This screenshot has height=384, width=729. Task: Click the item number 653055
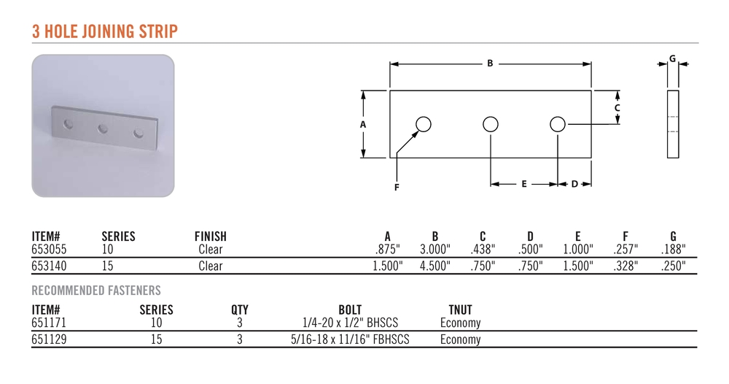[49, 250]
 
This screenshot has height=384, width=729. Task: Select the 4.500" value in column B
[435, 266]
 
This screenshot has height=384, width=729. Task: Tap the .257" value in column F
[625, 250]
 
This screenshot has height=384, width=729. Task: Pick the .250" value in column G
[673, 266]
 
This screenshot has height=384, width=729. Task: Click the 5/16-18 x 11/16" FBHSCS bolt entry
[350, 339]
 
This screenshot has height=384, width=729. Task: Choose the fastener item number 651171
[49, 323]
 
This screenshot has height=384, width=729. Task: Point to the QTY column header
[240, 310]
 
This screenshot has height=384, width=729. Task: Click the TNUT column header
[460, 310]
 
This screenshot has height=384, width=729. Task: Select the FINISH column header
[211, 236]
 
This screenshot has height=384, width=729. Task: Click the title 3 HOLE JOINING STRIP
[105, 31]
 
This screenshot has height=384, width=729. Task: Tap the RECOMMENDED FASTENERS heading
[96, 291]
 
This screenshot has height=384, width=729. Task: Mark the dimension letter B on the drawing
[490, 64]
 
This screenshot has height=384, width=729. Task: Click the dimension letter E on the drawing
[524, 184]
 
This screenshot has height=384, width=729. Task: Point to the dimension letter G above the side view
[672, 58]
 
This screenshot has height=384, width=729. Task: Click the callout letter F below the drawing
[397, 187]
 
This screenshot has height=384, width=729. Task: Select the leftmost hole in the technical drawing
[424, 124]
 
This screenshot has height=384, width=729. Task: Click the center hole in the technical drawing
[491, 124]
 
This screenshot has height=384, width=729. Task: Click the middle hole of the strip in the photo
[103, 128]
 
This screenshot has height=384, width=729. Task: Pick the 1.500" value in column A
[388, 266]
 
